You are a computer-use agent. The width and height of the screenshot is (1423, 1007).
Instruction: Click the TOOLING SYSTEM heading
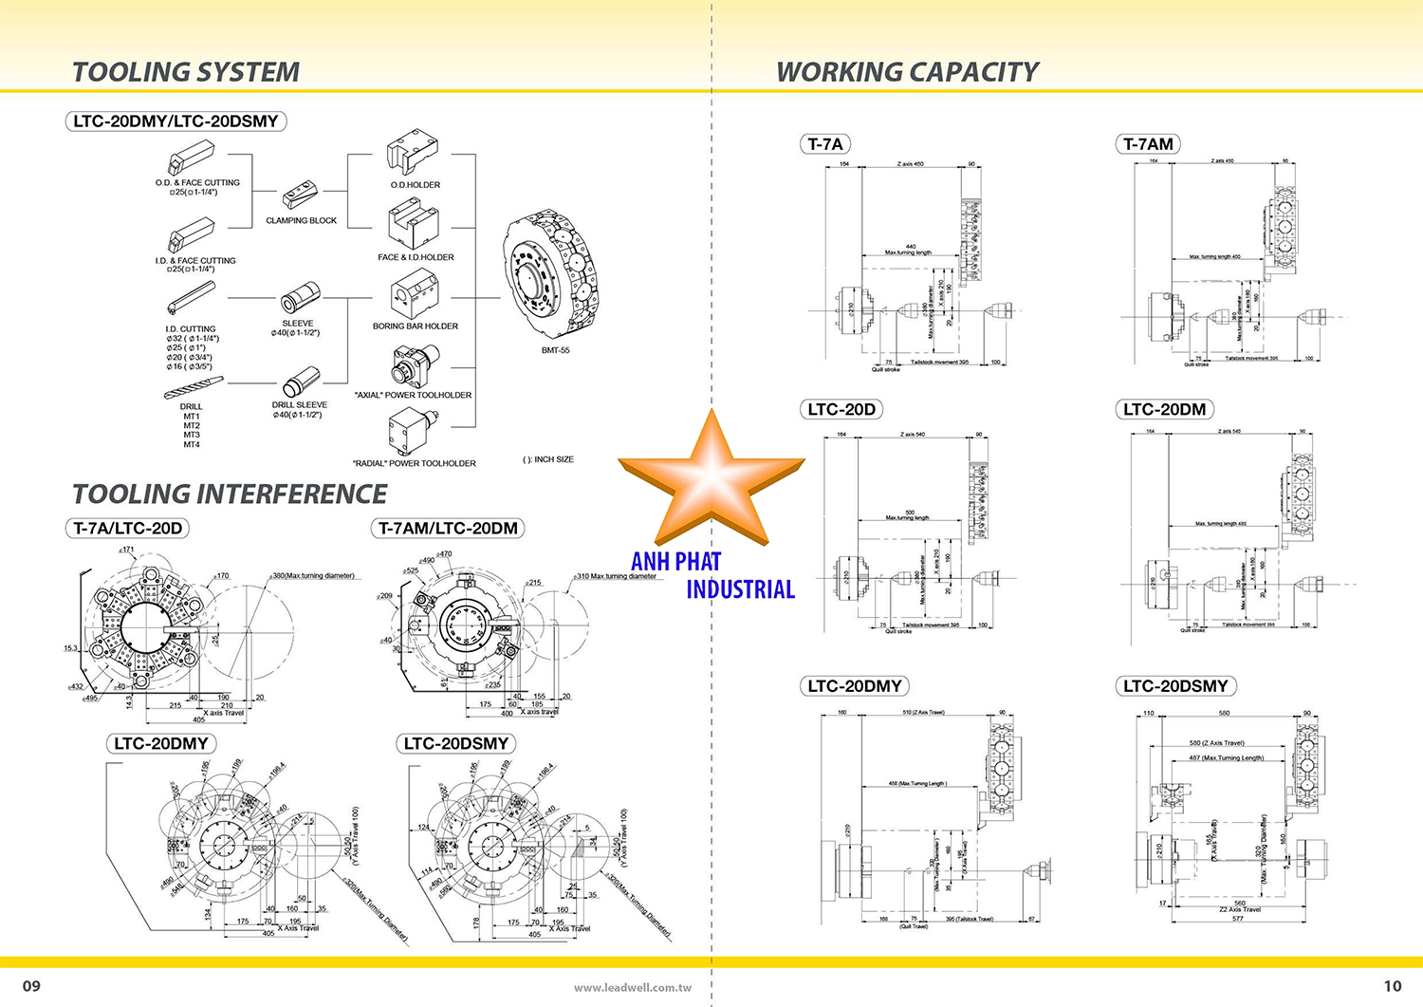(186, 72)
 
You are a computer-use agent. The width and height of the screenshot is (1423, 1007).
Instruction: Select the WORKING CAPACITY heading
(907, 72)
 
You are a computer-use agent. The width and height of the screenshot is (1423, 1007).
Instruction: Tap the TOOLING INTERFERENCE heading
(230, 494)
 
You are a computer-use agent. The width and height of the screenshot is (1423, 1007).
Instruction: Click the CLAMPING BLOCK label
(301, 220)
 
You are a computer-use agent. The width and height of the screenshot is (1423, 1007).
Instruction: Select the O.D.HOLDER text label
(416, 185)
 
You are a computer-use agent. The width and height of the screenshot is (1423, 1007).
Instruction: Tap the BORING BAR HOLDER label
(415, 326)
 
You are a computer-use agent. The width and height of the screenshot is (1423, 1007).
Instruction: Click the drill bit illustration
(194, 388)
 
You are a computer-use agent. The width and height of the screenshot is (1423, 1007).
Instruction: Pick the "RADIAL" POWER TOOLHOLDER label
(415, 463)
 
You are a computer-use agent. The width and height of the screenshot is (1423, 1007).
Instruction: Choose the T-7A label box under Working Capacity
(824, 144)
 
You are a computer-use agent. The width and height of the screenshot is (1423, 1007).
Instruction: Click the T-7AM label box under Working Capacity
(1148, 144)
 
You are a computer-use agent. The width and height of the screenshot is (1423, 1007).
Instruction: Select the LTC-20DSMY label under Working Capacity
(1175, 686)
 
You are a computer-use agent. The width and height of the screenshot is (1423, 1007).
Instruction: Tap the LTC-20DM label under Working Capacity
(1164, 410)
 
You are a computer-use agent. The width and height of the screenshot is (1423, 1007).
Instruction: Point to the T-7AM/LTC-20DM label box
(448, 529)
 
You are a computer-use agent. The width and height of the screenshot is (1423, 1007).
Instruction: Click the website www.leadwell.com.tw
(633, 988)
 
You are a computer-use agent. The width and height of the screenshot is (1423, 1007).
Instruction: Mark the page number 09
(31, 986)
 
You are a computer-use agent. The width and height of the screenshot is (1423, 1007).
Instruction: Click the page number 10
(1392, 986)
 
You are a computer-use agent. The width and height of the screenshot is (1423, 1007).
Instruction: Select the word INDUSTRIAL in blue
(740, 589)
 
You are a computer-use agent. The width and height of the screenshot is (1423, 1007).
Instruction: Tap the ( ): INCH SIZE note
(547, 459)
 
